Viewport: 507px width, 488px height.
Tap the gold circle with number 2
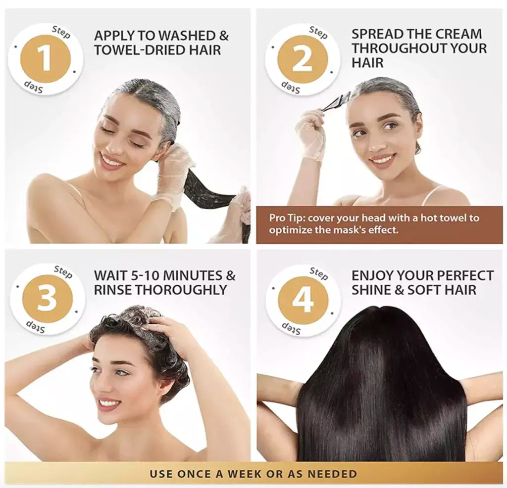[303, 59]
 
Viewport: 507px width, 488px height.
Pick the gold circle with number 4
[303, 300]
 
